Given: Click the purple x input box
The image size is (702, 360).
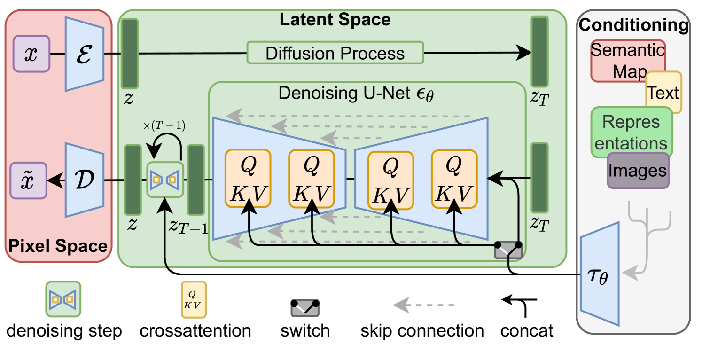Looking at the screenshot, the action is click(31, 54).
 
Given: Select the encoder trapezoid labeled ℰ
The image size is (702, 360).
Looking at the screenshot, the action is click(84, 54).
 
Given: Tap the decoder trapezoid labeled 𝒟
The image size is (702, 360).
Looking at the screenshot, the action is click(84, 180).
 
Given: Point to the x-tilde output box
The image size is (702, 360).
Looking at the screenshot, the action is click(29, 180).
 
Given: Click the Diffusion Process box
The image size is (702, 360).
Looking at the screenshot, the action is click(335, 53).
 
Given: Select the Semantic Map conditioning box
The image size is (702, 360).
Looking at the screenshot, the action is click(628, 60).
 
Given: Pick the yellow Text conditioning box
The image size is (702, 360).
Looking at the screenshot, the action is click(664, 92).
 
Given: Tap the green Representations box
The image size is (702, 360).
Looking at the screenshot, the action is click(631, 132).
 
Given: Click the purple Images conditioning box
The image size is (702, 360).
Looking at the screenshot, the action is click(638, 171).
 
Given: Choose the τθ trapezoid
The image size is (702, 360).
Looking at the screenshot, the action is click(600, 274).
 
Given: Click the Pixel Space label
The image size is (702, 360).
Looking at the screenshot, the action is click(58, 245).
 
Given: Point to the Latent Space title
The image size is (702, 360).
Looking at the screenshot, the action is click(335, 19).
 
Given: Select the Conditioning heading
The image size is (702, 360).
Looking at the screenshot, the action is click(633, 25).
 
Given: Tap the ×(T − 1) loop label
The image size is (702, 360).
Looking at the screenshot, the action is click(164, 125).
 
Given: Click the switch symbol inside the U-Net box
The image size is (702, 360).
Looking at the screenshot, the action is click(508, 250).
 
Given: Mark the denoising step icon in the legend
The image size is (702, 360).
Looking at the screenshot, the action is click(63, 299).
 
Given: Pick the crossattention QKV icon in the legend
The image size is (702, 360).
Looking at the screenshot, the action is click(194, 300).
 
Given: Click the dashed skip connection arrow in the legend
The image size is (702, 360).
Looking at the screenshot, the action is click(423, 305).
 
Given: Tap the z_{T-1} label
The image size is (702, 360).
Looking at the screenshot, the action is click(188, 226).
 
